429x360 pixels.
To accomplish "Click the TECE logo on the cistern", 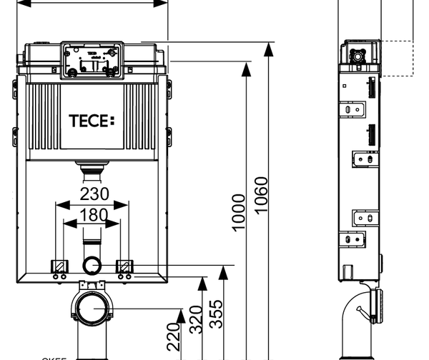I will (91, 121).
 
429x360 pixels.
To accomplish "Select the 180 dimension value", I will (94, 215).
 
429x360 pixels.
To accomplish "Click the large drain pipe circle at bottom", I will (91, 311).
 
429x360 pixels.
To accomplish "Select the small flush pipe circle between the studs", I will (92, 266).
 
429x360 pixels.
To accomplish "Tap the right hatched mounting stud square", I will (124, 266).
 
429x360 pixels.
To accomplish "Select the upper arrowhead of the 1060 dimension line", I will (269, 48).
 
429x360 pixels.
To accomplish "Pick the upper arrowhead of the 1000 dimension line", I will (246, 66).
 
